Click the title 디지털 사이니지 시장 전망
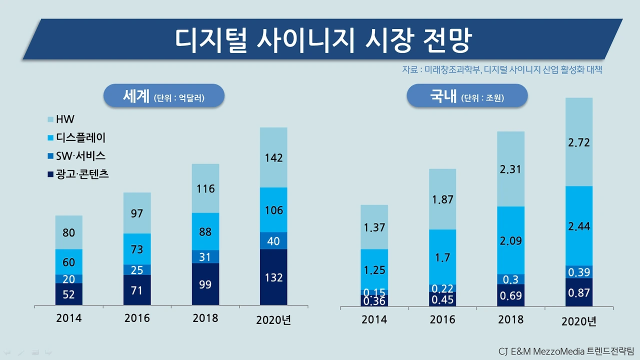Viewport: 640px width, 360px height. (322, 40)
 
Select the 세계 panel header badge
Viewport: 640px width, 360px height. (164, 96)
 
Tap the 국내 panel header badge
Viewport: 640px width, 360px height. (467, 96)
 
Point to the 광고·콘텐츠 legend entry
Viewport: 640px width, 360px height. (78, 174)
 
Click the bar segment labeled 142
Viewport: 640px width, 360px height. (273, 157)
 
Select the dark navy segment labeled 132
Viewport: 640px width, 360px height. (273, 277)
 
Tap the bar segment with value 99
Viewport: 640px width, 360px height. (205, 284)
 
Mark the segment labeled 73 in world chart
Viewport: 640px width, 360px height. (137, 249)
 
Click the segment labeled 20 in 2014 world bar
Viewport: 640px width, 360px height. (69, 279)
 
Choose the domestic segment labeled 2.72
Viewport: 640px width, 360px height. (579, 142)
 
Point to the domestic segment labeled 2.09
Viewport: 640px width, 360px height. (510, 240)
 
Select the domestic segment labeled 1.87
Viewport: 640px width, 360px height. (442, 199)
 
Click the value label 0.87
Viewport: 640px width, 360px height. (579, 293)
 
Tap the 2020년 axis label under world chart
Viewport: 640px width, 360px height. (273, 320)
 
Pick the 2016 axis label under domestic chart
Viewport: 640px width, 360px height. (442, 319)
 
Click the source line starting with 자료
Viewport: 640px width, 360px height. (501, 70)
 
